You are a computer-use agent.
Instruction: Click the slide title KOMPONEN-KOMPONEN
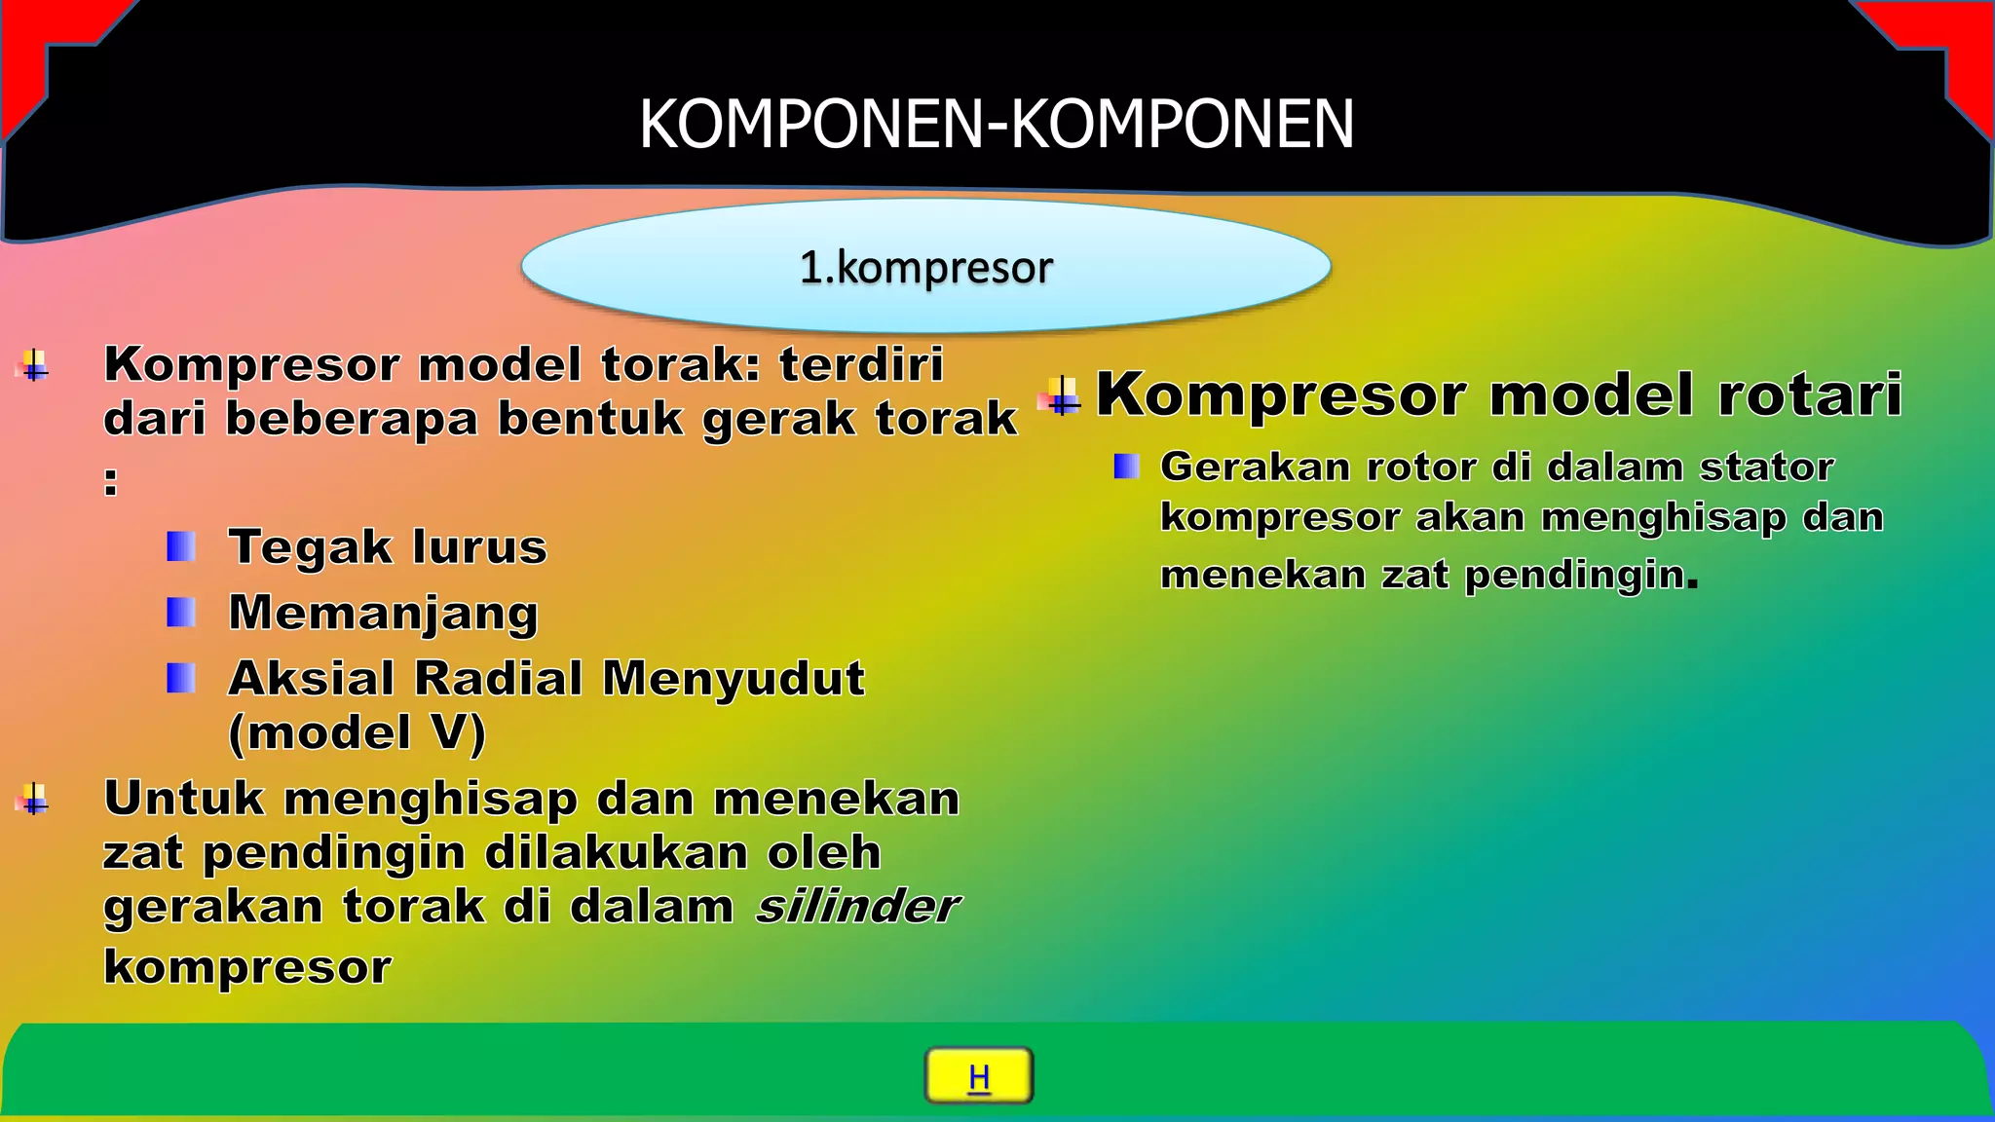(x=997, y=125)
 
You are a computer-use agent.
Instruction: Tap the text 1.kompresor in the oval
(x=925, y=268)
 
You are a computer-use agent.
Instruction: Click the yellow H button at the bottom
(x=978, y=1075)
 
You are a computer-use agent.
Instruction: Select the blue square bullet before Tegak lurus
(x=181, y=546)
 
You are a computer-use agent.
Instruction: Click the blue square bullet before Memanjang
(x=181, y=613)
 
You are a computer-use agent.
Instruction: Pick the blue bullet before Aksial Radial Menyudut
(x=181, y=678)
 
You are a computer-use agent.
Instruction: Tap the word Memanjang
(x=383, y=614)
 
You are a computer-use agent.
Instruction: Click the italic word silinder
(x=857, y=907)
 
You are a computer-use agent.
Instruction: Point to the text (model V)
(x=357, y=732)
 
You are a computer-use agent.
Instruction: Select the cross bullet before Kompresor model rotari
(x=1061, y=396)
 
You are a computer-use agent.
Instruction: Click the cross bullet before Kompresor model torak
(x=34, y=366)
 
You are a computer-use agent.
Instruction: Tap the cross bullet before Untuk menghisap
(x=34, y=800)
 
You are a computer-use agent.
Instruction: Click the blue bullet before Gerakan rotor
(x=1126, y=467)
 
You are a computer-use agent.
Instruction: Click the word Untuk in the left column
(x=184, y=799)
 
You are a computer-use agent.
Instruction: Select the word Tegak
(x=310, y=547)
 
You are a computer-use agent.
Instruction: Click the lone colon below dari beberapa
(x=111, y=481)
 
